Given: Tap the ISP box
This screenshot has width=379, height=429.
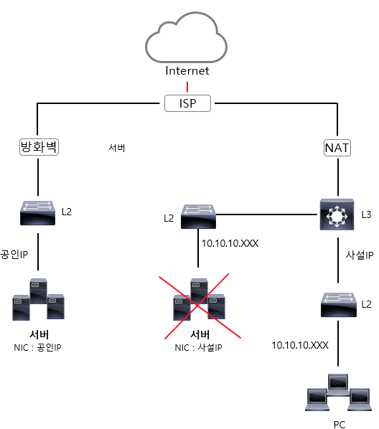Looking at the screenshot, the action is coord(187,103).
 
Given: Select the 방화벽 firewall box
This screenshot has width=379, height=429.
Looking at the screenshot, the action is coord(39,147).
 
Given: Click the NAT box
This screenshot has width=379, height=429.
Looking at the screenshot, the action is coord(337,148).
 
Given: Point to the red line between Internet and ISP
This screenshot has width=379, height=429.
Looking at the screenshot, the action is coord(187,87).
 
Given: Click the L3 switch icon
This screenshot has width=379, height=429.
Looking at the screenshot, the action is coord(337,214).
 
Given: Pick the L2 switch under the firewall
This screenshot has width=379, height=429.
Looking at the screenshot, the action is coord(38,213).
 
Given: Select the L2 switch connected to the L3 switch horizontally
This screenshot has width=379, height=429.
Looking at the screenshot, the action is coord(198,217).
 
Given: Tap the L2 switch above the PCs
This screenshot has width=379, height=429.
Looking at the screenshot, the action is coord(339,304).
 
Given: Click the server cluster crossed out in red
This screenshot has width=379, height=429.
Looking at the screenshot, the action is coord(199,299).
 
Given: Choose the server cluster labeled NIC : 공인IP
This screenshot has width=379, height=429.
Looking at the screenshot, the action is coord(38,299).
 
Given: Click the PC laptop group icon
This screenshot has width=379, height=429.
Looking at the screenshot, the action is coord(339,392).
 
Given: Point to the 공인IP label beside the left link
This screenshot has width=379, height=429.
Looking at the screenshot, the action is coord(14,254).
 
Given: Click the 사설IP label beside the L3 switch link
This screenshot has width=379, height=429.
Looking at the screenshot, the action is coord(360,255).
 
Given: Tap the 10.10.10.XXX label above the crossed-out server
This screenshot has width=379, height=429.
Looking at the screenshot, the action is coord(230,243).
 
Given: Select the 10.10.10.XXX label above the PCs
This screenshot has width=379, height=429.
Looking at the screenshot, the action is coord(300,345).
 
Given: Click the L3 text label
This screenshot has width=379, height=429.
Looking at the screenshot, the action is coord(366,214).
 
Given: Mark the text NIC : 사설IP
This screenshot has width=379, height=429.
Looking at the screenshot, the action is coord(198,347).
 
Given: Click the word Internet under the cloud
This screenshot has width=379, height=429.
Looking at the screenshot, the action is coord(187,70).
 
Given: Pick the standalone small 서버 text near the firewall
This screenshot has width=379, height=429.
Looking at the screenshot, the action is coord(117,148).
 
